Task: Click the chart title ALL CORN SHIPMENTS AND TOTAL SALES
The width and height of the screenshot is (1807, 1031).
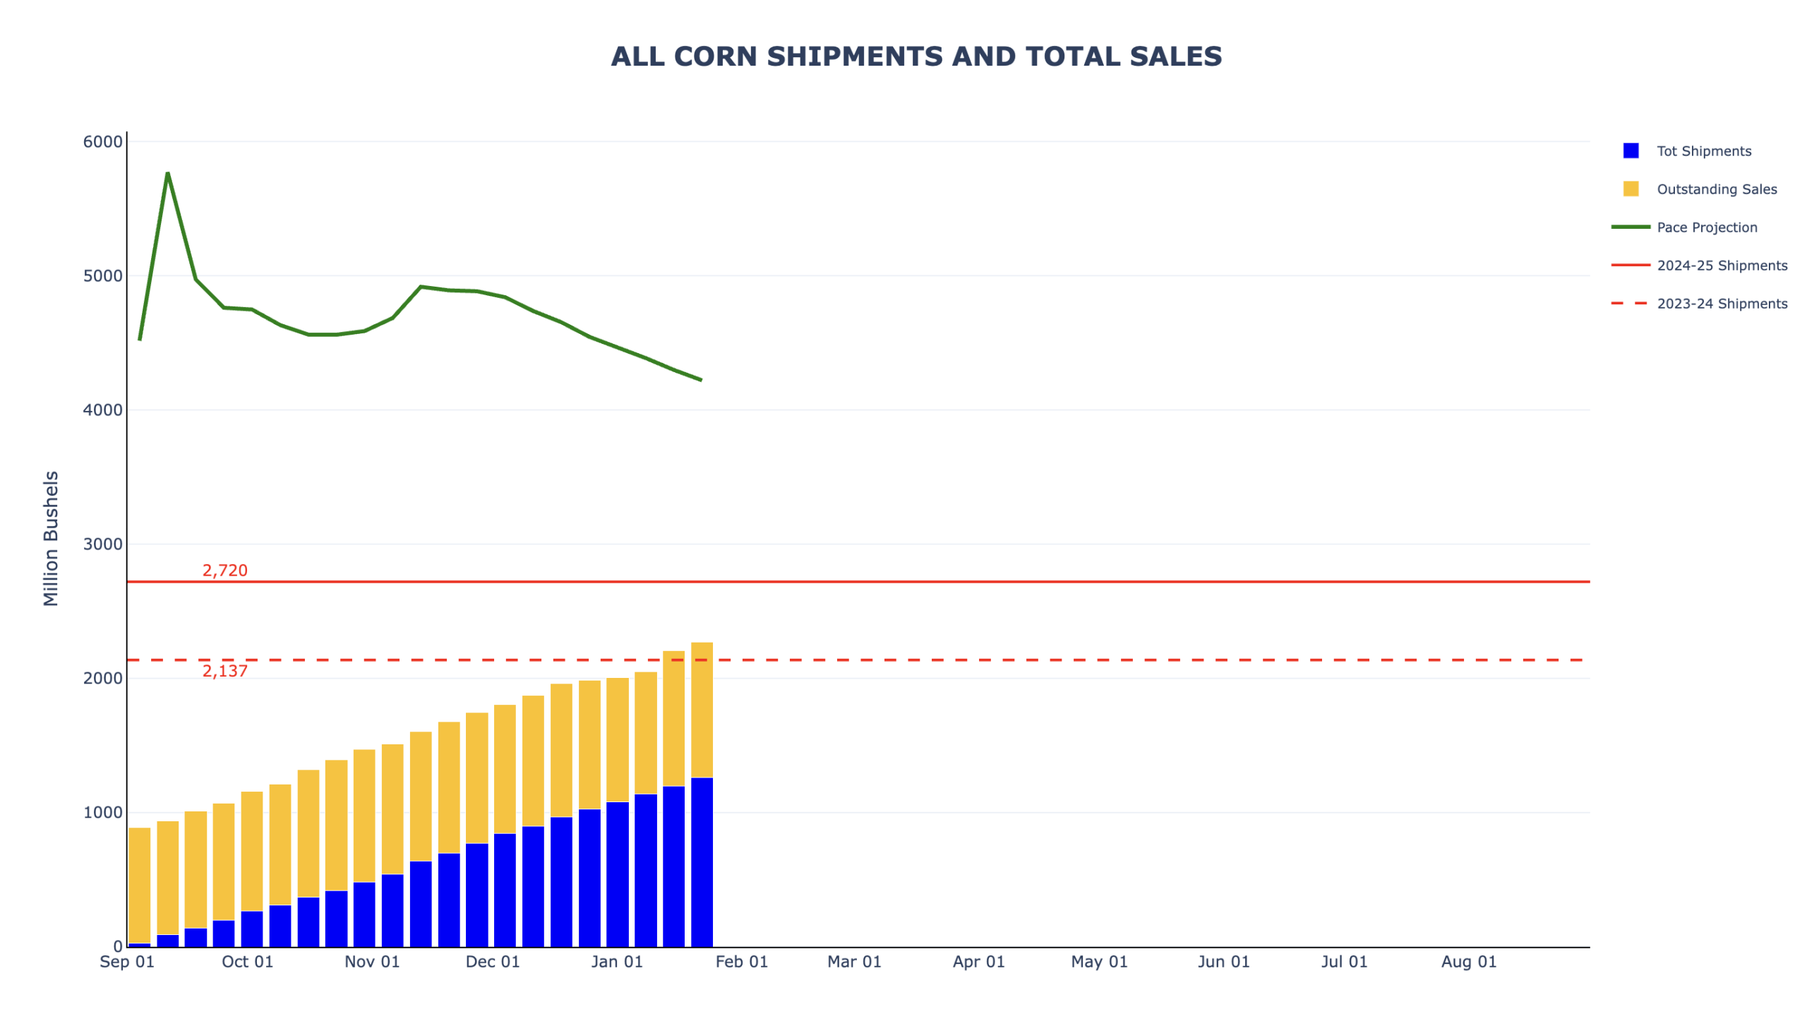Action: [916, 56]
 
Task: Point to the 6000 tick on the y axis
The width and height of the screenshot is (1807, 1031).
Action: [102, 142]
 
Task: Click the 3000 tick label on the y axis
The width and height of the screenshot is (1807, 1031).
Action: [102, 544]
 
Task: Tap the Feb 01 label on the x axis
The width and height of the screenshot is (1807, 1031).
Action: [741, 963]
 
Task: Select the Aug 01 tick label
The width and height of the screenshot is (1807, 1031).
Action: [1468, 963]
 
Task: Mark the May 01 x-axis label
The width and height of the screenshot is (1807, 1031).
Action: [1098, 963]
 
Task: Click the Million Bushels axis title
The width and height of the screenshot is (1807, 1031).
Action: [51, 538]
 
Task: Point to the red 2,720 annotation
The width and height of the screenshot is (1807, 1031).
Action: [225, 571]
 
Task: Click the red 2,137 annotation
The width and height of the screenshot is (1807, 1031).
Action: [225, 672]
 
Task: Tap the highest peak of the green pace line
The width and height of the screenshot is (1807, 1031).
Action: [168, 174]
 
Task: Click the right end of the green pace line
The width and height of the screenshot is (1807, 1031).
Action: [701, 379]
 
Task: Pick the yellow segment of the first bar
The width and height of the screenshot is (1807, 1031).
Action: [140, 885]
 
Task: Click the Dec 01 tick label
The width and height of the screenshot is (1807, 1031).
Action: [493, 963]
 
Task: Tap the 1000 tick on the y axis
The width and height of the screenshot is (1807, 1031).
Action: [102, 813]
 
